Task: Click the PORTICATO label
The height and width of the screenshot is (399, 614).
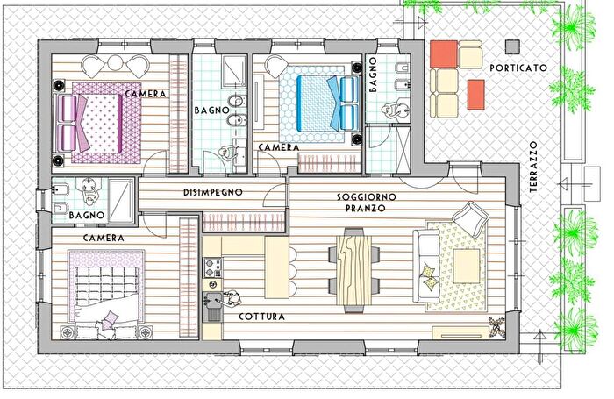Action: (x=518, y=68)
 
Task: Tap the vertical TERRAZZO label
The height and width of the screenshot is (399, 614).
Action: (x=533, y=167)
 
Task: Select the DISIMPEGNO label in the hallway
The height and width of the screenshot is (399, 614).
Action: (x=213, y=192)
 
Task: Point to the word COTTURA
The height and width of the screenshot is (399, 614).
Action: (x=261, y=317)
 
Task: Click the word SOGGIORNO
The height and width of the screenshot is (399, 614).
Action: (x=367, y=196)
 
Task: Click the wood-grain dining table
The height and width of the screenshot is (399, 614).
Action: (x=354, y=270)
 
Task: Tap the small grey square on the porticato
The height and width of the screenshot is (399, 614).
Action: (x=512, y=46)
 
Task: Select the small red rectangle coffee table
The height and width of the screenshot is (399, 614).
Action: (x=475, y=95)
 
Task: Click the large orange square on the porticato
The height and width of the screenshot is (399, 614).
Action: (x=444, y=54)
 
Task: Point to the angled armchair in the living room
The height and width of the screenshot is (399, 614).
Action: (x=470, y=219)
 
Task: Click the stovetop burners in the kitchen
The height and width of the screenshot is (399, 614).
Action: (x=212, y=267)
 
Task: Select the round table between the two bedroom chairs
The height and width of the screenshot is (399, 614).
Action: (x=115, y=62)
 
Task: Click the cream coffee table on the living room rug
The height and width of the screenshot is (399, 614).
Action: (x=467, y=267)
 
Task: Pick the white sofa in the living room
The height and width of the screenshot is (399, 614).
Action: (x=426, y=267)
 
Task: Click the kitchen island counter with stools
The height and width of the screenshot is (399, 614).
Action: (x=277, y=267)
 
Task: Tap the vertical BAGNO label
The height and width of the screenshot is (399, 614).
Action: (x=373, y=75)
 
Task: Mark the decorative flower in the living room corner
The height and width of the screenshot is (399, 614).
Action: (x=496, y=325)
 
